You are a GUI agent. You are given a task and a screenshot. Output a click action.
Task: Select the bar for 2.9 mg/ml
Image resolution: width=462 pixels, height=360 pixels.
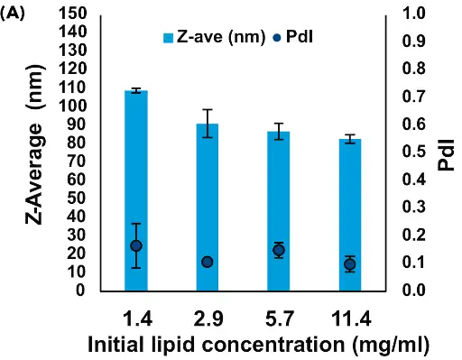tap(208, 207)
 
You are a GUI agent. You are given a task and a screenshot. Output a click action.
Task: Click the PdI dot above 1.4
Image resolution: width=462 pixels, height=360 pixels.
tap(136, 245)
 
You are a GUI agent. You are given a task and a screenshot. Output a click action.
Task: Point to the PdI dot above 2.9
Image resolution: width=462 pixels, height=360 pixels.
tap(208, 262)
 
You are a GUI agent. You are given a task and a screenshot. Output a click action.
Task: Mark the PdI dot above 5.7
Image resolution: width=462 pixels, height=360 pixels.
tap(279, 250)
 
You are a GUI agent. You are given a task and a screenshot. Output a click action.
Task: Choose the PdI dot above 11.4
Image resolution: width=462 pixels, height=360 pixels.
tap(350, 263)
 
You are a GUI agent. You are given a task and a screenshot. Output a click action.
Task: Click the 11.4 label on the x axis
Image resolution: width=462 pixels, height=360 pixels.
tap(350, 320)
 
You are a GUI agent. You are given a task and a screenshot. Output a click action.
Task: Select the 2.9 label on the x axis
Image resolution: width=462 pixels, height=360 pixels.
tap(208, 320)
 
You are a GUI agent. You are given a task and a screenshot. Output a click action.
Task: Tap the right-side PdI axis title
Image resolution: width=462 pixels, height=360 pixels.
tap(444, 152)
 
